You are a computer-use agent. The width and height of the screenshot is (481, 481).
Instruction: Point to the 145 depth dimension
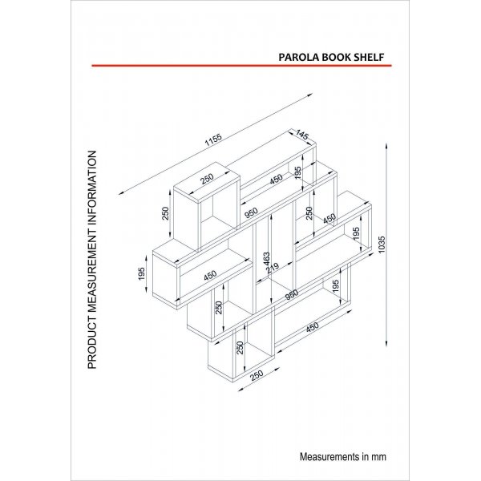(x=303, y=136)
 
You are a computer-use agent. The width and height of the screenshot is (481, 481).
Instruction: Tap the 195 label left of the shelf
(x=142, y=273)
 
